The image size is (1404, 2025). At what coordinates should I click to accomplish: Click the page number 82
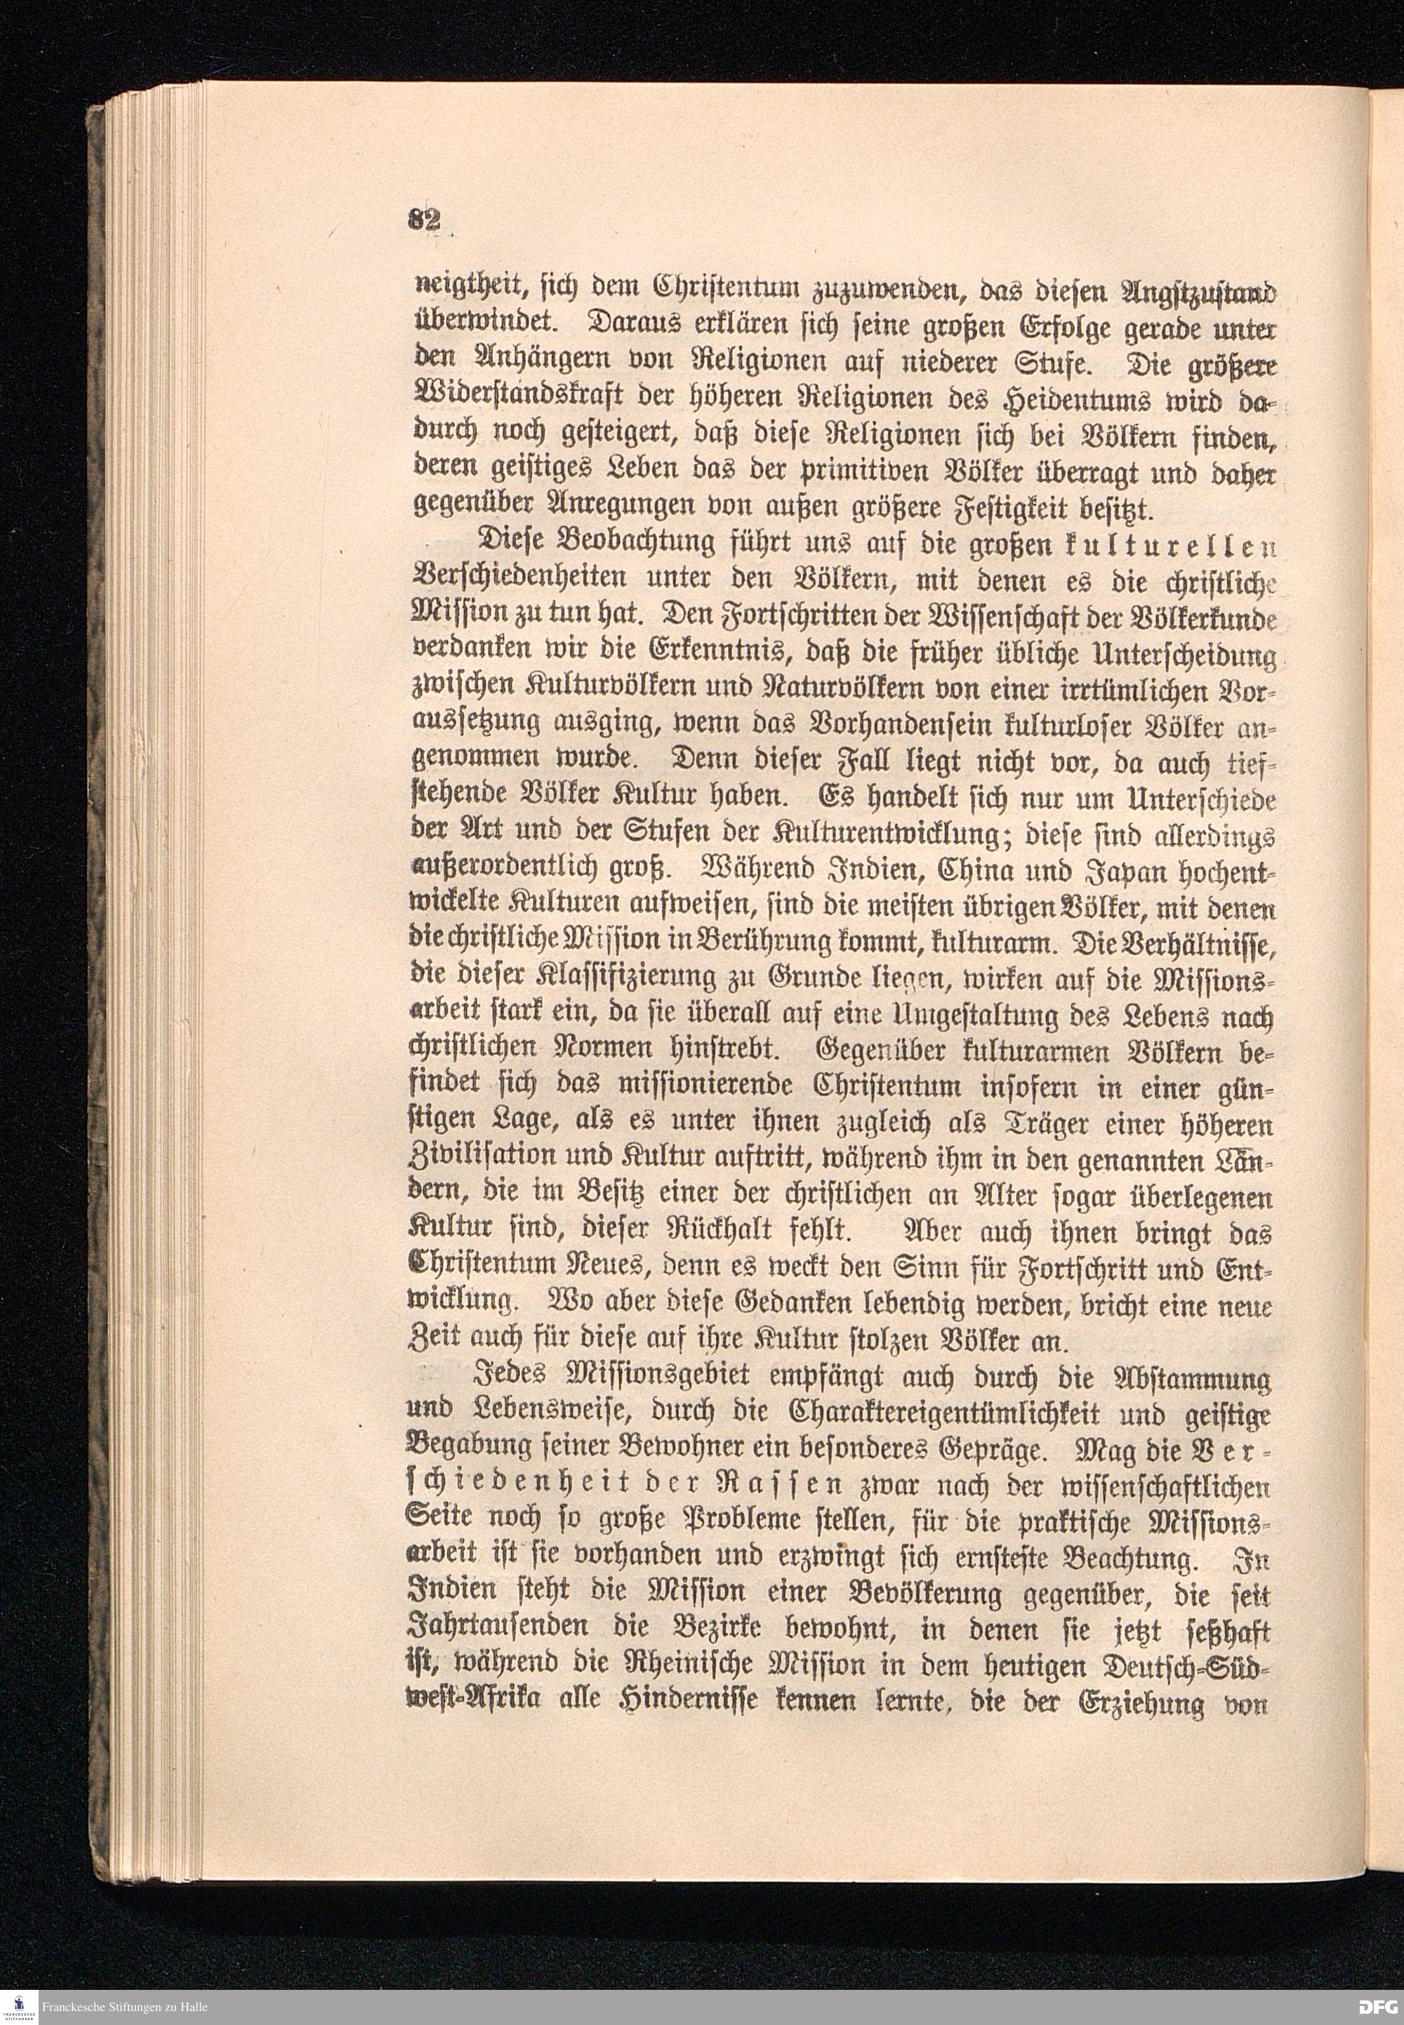click(425, 220)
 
